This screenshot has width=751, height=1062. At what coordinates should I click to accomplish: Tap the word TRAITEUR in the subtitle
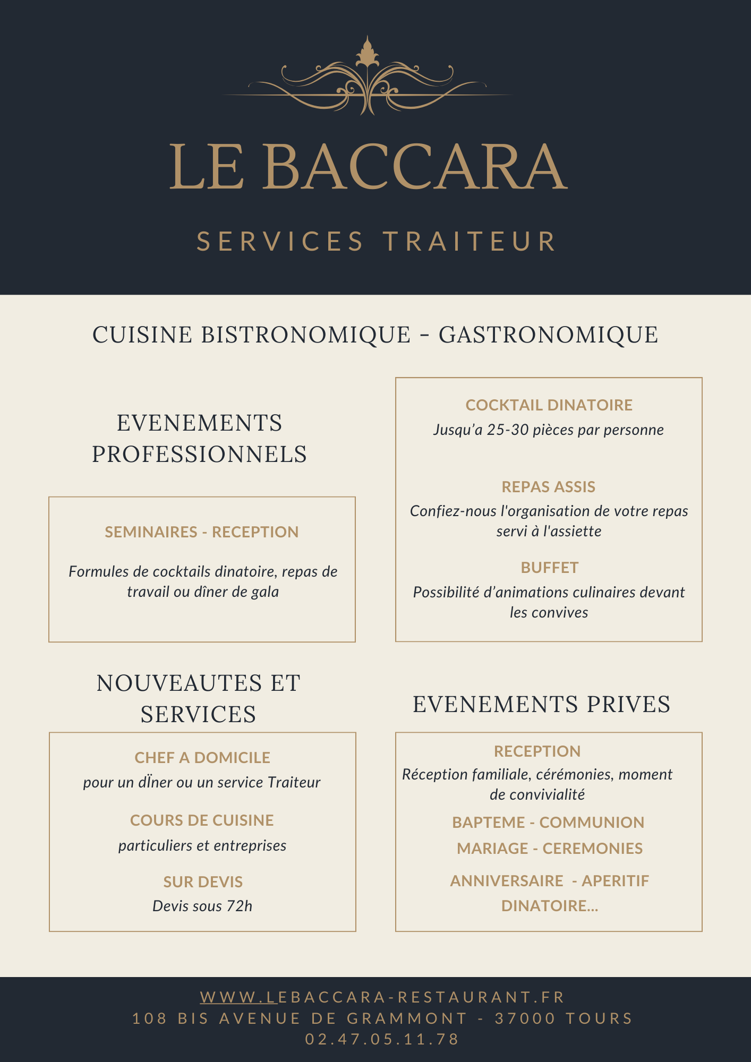pos(470,242)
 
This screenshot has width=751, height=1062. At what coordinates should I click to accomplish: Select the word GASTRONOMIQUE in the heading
pos(548,335)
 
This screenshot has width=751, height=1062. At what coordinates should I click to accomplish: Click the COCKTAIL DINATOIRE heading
pos(549,405)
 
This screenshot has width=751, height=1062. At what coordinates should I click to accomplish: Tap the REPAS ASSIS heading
pos(548,487)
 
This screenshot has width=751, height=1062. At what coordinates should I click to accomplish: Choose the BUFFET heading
pos(549,568)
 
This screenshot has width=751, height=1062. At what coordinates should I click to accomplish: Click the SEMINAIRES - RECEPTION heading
pos(201,532)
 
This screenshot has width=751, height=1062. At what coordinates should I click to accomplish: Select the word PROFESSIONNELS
pos(200,455)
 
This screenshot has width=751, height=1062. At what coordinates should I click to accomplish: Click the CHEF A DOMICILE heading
pos(202,758)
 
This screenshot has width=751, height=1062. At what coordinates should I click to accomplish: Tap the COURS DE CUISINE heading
pos(202,820)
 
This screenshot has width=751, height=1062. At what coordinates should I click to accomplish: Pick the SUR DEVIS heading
pos(203,882)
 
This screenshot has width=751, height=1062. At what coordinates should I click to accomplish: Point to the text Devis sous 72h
pos(202,906)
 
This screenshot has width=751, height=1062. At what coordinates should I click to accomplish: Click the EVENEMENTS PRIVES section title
pos(541,705)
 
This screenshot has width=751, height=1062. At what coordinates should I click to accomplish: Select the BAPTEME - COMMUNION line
pos(548,823)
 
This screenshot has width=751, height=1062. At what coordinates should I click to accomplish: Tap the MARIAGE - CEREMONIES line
pos(550,849)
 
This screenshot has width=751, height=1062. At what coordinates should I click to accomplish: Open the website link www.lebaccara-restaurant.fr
pos(382,997)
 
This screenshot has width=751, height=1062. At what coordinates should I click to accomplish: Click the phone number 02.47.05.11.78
pos(382,1039)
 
